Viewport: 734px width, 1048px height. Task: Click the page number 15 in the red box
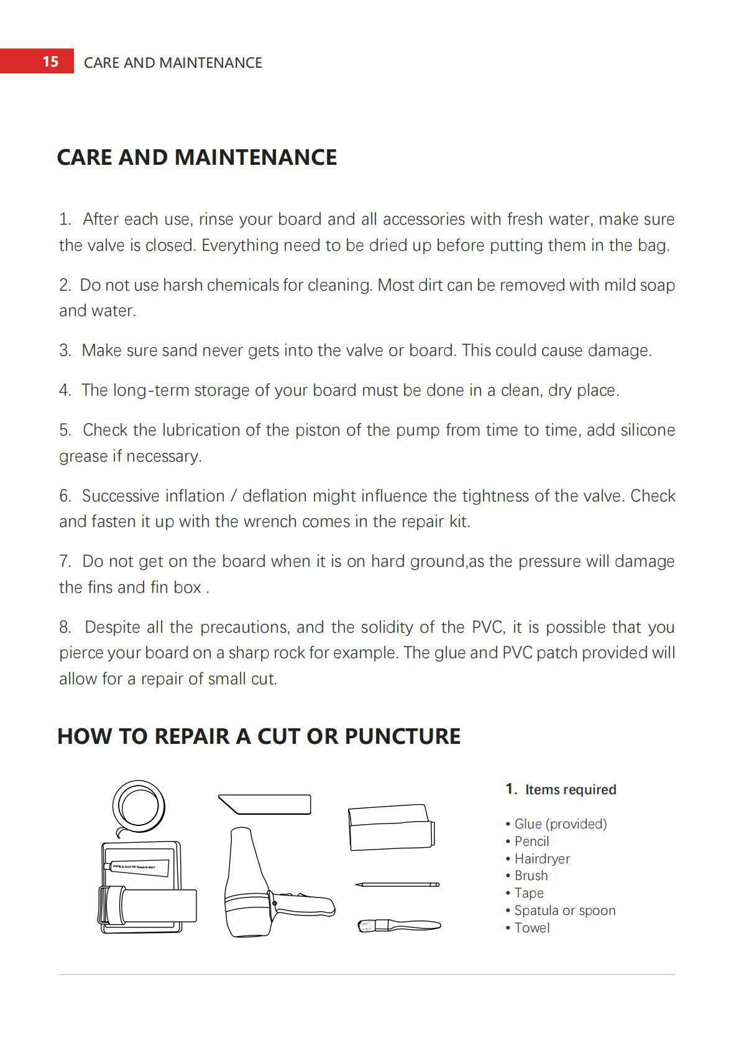(50, 62)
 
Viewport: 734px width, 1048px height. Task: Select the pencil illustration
(397, 884)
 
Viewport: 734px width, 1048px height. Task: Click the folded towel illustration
(391, 827)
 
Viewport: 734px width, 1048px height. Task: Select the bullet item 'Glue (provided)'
(560, 824)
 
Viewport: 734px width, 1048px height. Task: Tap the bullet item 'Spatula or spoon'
(564, 911)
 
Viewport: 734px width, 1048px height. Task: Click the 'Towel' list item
(531, 928)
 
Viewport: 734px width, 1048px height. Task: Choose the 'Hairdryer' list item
(542, 859)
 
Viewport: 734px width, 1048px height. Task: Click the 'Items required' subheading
(570, 790)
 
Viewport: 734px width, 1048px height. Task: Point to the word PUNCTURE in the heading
(402, 736)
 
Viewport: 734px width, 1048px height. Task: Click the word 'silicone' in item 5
(648, 430)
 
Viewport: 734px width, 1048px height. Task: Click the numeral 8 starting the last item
(65, 628)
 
